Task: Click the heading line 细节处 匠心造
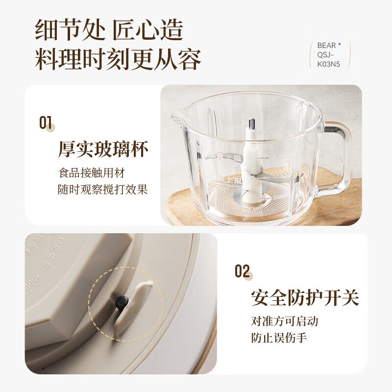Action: point(109,30)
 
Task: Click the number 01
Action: point(46,122)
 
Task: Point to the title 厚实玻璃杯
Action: point(103,149)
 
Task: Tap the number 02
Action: point(242,271)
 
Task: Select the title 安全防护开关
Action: point(305,297)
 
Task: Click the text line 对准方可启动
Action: point(284,321)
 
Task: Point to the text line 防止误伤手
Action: point(279,338)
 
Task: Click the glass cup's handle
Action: point(339,152)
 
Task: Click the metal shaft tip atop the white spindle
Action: point(252,124)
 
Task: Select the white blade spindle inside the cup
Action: point(252,162)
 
